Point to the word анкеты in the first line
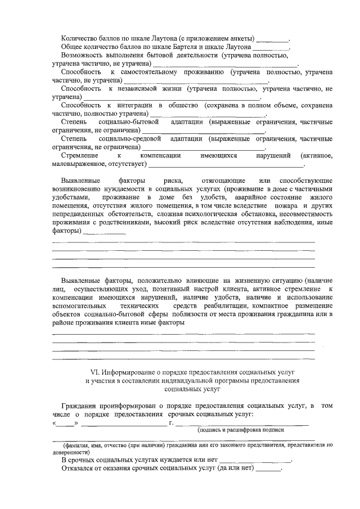tap(240, 39)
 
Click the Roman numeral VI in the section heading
tap(94, 372)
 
